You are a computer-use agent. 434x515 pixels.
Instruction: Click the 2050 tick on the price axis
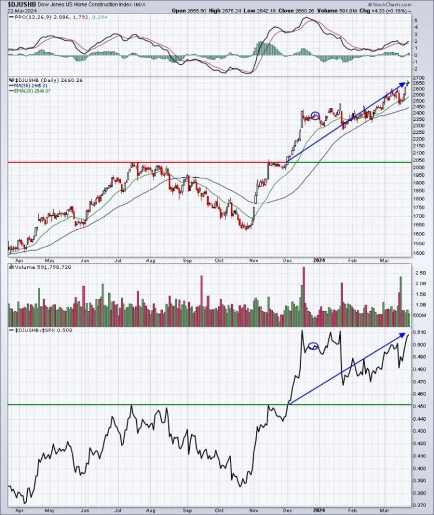[x=417, y=162]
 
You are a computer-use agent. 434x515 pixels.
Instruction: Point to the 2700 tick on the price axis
[x=417, y=77]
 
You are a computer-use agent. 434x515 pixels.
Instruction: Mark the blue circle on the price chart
[x=316, y=116]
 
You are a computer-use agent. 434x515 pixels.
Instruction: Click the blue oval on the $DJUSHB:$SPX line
[x=314, y=346]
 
